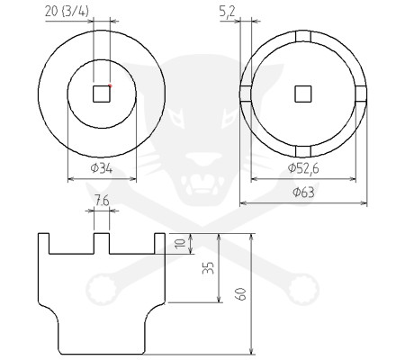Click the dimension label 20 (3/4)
(x=67, y=12)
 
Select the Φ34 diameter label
(x=102, y=168)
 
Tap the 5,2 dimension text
(x=227, y=13)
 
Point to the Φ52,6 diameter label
(x=303, y=168)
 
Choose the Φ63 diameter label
(x=303, y=193)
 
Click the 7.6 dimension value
(x=102, y=201)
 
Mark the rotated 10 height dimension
(x=181, y=243)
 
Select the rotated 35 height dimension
(x=208, y=268)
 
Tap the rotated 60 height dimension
(x=241, y=293)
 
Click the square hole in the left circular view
(x=102, y=94)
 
